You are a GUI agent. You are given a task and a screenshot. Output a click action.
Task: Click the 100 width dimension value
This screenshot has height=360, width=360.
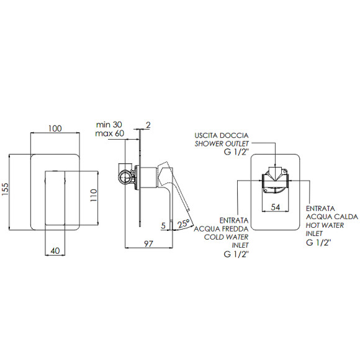click(x=55, y=128)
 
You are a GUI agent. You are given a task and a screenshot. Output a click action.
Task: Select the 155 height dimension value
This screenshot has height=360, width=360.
click(x=5, y=189)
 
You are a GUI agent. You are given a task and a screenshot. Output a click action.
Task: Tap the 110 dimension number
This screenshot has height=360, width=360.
click(x=94, y=195)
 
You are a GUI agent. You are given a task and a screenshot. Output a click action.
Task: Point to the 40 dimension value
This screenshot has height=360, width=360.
click(x=55, y=251)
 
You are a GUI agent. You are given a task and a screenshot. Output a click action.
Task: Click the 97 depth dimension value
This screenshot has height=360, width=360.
click(x=148, y=243)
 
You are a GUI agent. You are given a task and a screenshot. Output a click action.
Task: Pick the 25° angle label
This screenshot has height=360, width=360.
click(x=184, y=223)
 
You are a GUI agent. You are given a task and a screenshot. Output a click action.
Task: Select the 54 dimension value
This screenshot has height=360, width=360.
click(x=276, y=207)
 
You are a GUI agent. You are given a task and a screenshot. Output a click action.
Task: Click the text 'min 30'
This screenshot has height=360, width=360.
click(x=109, y=125)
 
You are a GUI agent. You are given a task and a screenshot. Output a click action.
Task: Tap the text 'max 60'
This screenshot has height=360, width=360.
click(x=110, y=133)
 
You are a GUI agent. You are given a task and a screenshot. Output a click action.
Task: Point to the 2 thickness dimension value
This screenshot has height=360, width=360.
click(x=148, y=125)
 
